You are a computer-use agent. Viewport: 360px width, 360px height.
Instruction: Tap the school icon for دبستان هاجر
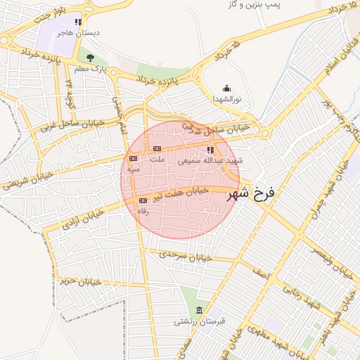pos(86,22)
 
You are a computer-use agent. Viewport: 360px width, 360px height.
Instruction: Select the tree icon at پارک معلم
pos(89,57)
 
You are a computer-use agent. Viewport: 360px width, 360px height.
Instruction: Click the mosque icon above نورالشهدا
pos(226,89)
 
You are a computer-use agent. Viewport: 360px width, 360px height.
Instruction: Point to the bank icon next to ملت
pos(157,148)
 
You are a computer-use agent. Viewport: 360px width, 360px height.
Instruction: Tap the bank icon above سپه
pos(133,159)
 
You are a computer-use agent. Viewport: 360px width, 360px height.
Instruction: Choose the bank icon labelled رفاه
pos(143,201)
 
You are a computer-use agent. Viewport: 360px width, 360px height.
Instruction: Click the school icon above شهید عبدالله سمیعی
pos(210,150)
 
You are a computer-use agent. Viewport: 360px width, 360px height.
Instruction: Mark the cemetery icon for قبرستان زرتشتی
pos(199,311)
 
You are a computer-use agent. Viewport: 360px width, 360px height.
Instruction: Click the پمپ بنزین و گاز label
pos(255,5)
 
